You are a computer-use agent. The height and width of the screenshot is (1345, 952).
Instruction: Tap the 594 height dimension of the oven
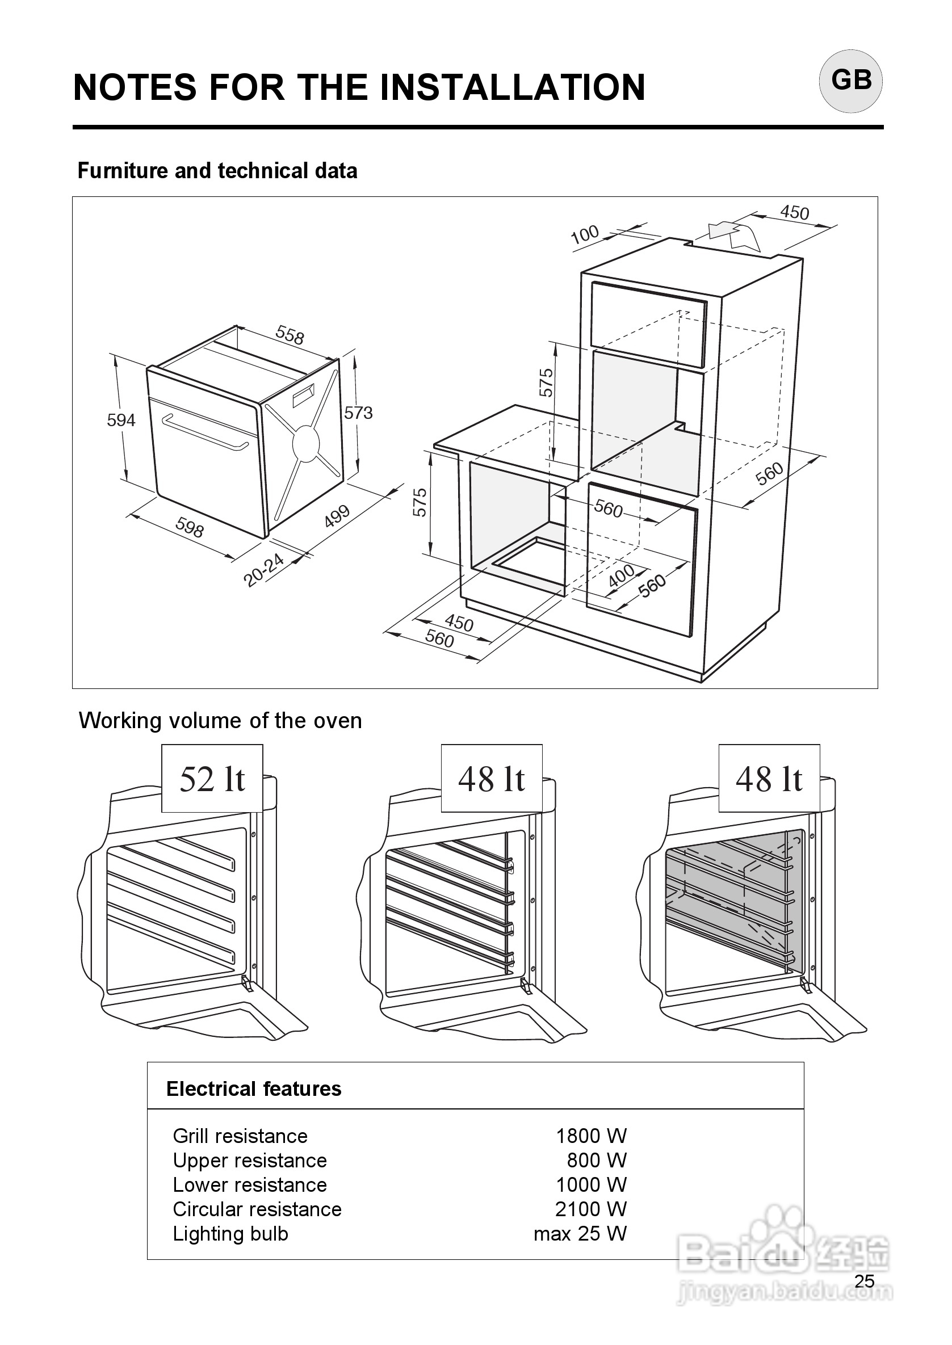tap(121, 420)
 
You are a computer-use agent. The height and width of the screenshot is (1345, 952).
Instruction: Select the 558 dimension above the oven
tap(290, 336)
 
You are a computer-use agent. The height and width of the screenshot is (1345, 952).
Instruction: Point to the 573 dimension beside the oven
tap(358, 413)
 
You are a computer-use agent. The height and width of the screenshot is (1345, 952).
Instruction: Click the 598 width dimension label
tap(190, 528)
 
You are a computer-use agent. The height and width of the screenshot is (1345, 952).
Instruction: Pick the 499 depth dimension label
tap(337, 516)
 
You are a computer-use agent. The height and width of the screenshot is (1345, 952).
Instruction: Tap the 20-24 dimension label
tap(264, 570)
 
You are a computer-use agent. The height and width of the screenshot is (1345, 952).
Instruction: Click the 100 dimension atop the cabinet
tap(585, 234)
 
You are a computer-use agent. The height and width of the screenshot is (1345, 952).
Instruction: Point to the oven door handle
tap(204, 432)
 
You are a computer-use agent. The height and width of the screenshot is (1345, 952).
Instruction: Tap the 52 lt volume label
tap(212, 779)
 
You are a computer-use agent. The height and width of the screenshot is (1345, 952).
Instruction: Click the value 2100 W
tap(591, 1209)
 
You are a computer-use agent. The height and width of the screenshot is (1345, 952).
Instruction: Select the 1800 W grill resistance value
tap(591, 1136)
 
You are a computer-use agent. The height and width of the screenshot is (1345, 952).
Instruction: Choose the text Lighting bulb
tap(230, 1234)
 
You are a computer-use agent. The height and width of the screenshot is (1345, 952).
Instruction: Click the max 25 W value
tap(580, 1234)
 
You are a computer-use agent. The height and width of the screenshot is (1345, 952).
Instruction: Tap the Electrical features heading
tap(254, 1089)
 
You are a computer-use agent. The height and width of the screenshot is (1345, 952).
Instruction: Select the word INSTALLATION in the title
tap(513, 87)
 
